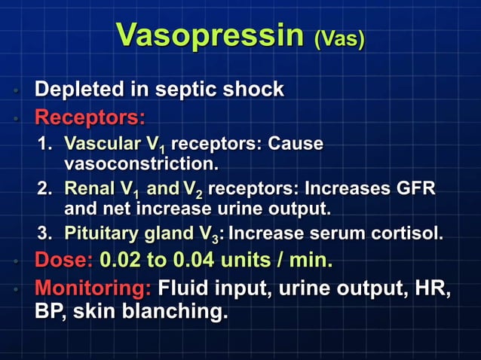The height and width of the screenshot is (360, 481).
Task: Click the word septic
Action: tap(179, 90)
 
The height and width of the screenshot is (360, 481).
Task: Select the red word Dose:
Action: tap(63, 261)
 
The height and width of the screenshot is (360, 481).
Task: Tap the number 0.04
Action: tap(199, 261)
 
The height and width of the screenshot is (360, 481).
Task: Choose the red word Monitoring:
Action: tap(94, 288)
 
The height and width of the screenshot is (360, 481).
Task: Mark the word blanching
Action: tap(179, 310)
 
